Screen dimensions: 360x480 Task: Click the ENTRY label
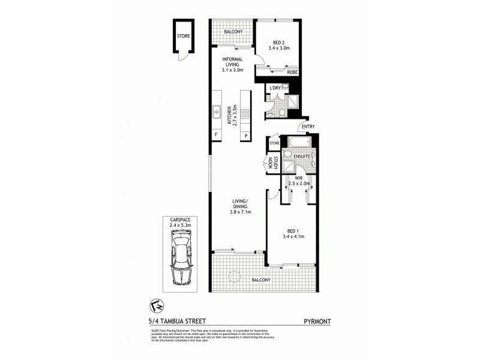click(308, 127)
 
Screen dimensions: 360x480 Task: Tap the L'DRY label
click(275, 88)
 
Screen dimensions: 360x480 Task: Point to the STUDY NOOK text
click(274, 164)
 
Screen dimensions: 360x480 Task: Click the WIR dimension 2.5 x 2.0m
click(299, 183)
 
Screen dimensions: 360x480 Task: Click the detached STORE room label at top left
click(183, 36)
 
